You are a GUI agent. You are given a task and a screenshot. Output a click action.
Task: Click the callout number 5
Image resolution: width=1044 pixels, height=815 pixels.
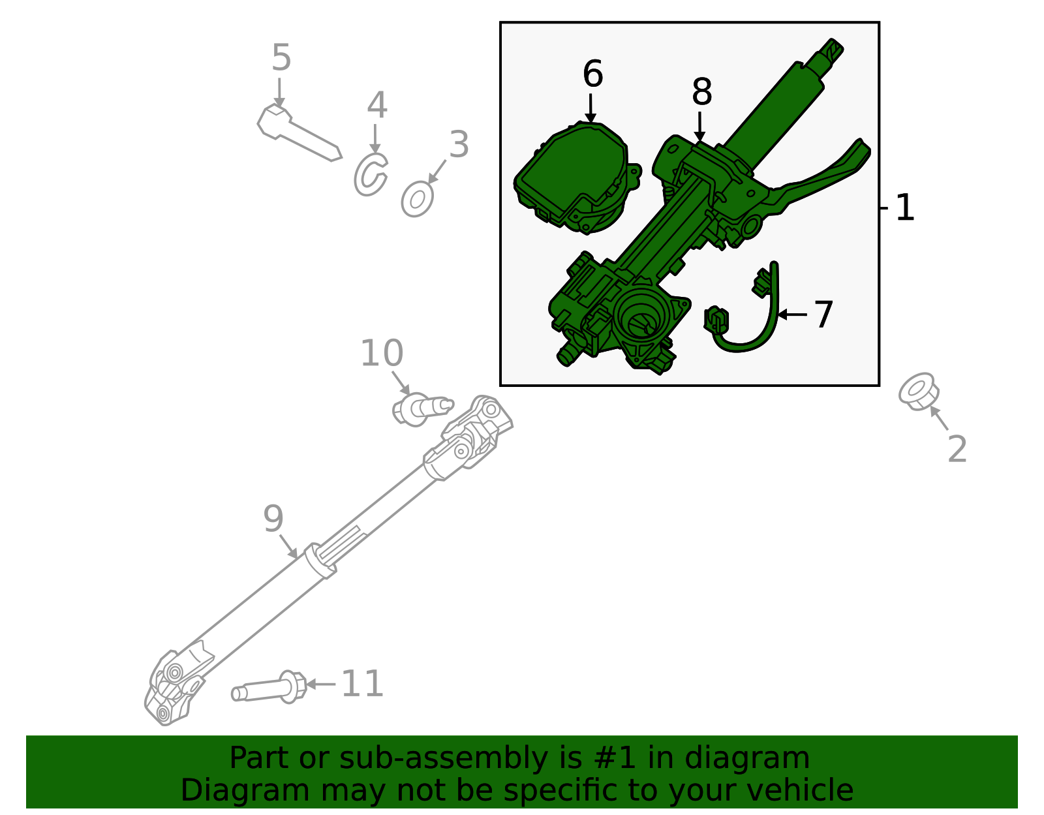click(x=281, y=57)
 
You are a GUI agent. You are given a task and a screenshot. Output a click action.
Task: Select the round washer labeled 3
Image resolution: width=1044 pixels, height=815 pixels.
click(x=418, y=199)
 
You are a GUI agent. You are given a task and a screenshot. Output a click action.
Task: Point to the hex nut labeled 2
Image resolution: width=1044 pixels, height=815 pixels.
click(x=919, y=392)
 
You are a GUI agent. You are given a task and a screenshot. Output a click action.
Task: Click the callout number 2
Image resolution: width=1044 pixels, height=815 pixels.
click(x=957, y=450)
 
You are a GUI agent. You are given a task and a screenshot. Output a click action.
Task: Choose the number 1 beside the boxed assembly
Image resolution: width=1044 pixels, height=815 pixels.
click(x=904, y=208)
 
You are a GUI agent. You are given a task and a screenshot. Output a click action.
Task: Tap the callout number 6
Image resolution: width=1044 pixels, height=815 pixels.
click(x=592, y=74)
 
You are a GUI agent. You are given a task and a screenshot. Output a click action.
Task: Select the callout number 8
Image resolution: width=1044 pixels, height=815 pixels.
click(x=701, y=92)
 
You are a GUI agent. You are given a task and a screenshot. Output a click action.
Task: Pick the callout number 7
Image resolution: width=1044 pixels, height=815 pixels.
click(x=823, y=315)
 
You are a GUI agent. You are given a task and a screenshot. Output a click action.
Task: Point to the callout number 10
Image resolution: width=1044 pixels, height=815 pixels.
click(x=382, y=354)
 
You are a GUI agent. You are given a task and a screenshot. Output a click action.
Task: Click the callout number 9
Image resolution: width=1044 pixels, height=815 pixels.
click(x=273, y=519)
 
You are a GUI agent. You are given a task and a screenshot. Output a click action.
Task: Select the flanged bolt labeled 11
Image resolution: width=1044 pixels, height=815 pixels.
click(x=271, y=688)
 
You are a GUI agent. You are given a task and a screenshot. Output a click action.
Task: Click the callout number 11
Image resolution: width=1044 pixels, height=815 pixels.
click(x=362, y=684)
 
